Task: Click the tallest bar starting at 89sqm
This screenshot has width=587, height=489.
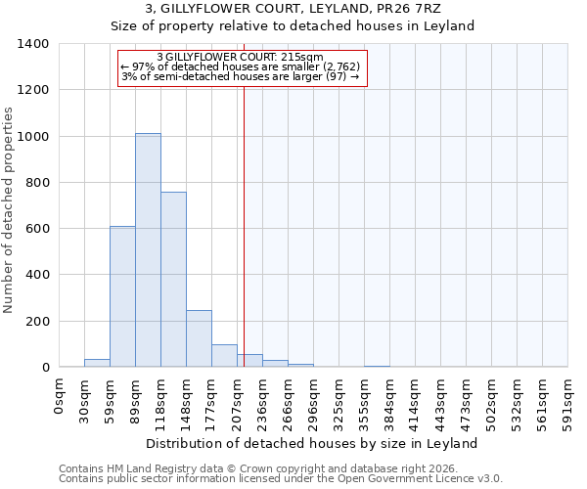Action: (148, 250)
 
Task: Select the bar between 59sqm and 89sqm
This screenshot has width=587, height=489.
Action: (122, 296)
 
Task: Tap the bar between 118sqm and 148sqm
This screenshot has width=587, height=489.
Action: (173, 280)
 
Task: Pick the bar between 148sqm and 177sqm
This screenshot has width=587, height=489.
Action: (199, 338)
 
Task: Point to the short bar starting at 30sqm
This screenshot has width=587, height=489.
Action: (97, 363)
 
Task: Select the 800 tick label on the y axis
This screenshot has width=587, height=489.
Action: (36, 183)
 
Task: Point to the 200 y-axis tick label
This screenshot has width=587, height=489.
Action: (36, 321)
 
